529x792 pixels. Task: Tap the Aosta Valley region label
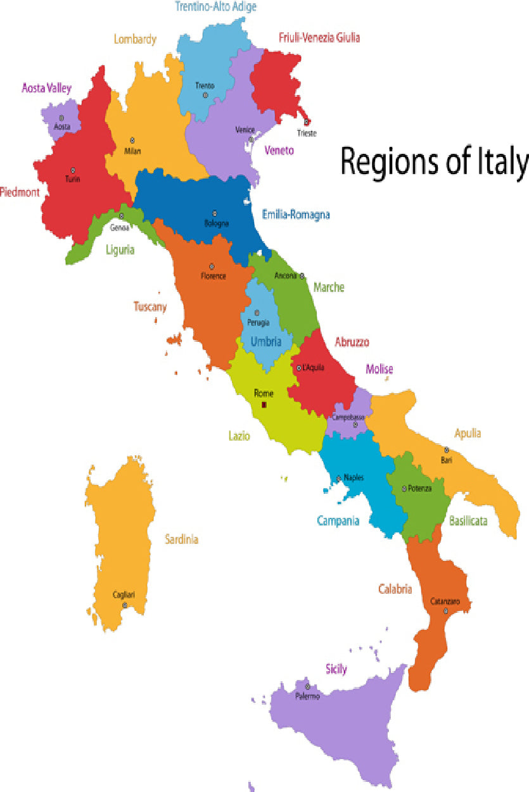tap(47, 88)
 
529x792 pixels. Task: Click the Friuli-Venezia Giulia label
tap(319, 37)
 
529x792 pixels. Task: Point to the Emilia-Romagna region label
tap(296, 215)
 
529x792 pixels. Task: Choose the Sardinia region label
tap(182, 539)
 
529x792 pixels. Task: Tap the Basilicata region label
tap(468, 521)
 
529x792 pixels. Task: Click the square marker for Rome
tap(264, 405)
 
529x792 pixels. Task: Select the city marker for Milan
tap(132, 141)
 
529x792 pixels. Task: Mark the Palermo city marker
tap(307, 686)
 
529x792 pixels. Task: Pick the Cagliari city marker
tap(125, 605)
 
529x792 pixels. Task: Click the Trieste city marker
tap(307, 122)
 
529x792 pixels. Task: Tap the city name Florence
tap(214, 276)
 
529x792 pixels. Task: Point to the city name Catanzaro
tap(445, 601)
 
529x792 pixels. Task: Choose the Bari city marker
tap(446, 450)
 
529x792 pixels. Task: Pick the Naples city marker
tap(339, 478)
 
